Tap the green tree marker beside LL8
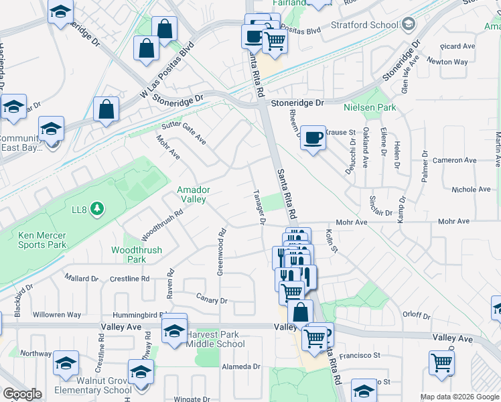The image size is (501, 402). [x=98, y=209]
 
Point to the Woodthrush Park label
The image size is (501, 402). [x=128, y=255]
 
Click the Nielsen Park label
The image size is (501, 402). [x=370, y=107]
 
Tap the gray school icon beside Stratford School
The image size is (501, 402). [x=407, y=25]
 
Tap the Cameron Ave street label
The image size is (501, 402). [x=454, y=161]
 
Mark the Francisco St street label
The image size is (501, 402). [x=359, y=356]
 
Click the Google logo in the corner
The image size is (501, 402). [x=22, y=394]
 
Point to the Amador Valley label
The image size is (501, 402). [x=194, y=194]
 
